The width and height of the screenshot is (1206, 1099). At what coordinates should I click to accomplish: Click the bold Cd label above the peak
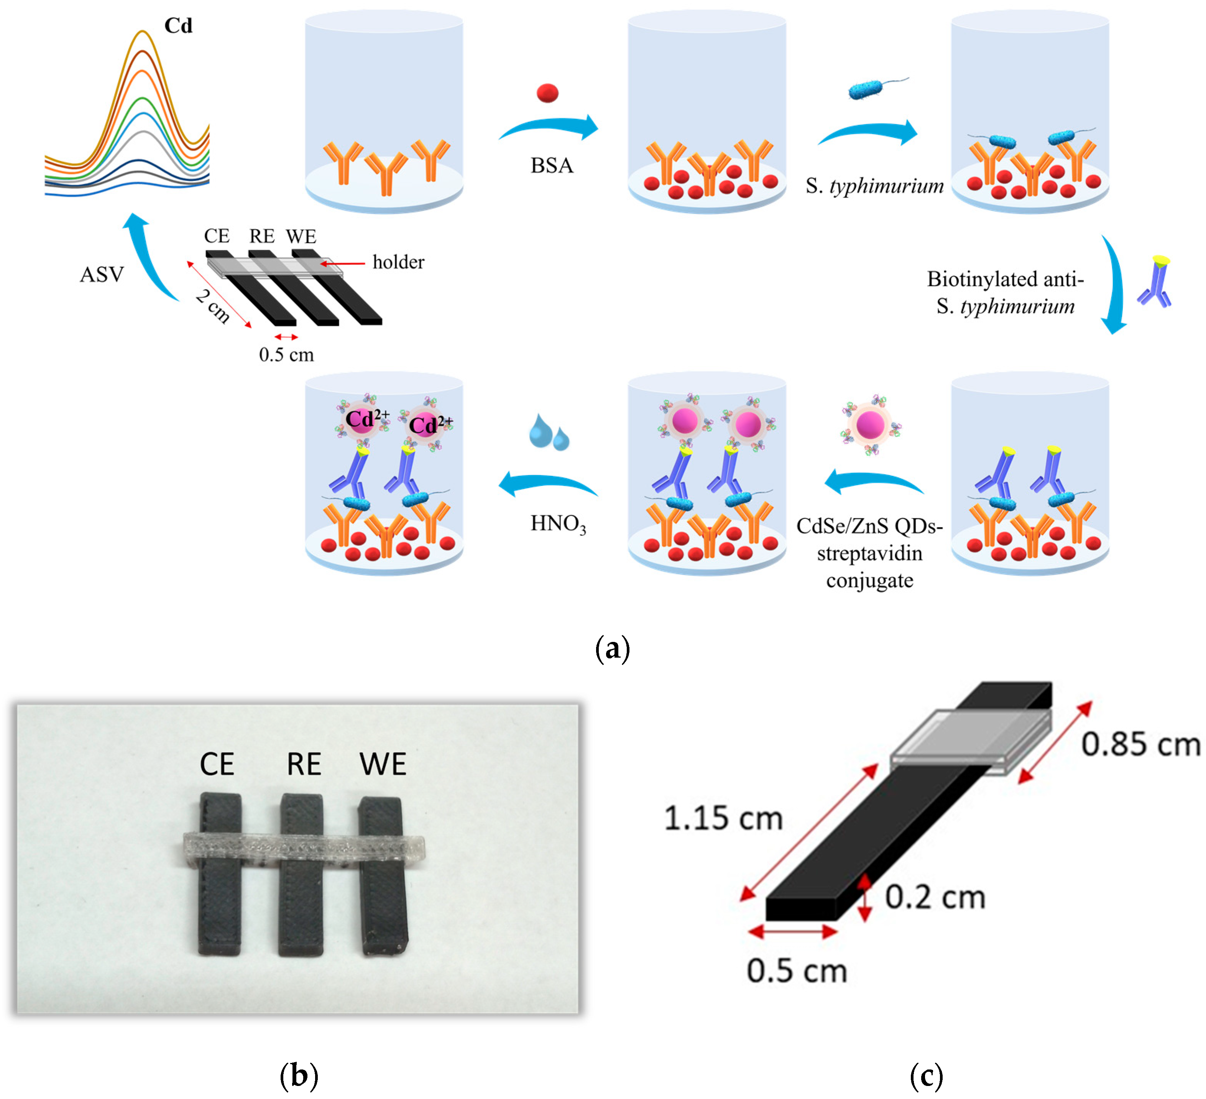tap(178, 26)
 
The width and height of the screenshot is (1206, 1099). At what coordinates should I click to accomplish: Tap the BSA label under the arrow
tap(552, 165)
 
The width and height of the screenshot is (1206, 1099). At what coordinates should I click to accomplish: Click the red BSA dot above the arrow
tap(547, 93)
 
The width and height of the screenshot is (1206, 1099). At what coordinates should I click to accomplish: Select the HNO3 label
tap(557, 524)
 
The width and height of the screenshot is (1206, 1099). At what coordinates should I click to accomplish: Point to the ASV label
tap(102, 275)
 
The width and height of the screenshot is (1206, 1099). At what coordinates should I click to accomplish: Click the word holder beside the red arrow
tap(398, 262)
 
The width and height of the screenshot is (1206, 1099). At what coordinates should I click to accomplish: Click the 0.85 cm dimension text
tap(1140, 745)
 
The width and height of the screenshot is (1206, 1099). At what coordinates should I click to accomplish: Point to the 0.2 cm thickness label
tap(935, 897)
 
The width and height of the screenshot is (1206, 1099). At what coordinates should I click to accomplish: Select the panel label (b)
tap(299, 1076)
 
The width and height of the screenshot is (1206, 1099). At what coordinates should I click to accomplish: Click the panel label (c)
tap(926, 1076)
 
